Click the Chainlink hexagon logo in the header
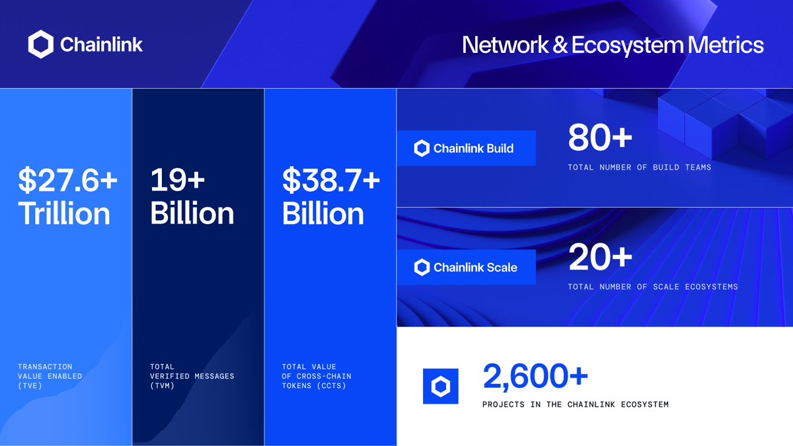[40, 45]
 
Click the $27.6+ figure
[67, 180]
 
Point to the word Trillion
[64, 213]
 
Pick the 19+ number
[178, 180]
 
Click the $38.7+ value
[331, 180]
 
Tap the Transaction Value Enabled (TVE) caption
[50, 376]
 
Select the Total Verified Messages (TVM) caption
[192, 376]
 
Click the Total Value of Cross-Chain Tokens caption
[317, 376]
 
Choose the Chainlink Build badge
[466, 148]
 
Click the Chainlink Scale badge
[466, 267]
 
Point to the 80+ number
[600, 139]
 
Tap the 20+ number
[600, 258]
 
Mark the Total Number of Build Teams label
[639, 168]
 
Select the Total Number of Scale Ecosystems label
[652, 287]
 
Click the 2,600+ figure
[535, 377]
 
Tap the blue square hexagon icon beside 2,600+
[440, 386]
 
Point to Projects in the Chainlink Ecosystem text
[575, 404]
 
